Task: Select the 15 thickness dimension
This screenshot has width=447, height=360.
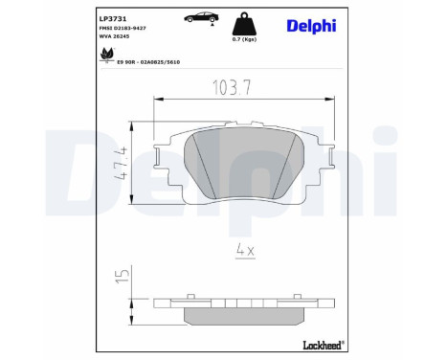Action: [121, 277]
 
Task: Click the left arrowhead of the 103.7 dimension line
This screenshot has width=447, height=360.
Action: [160, 98]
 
